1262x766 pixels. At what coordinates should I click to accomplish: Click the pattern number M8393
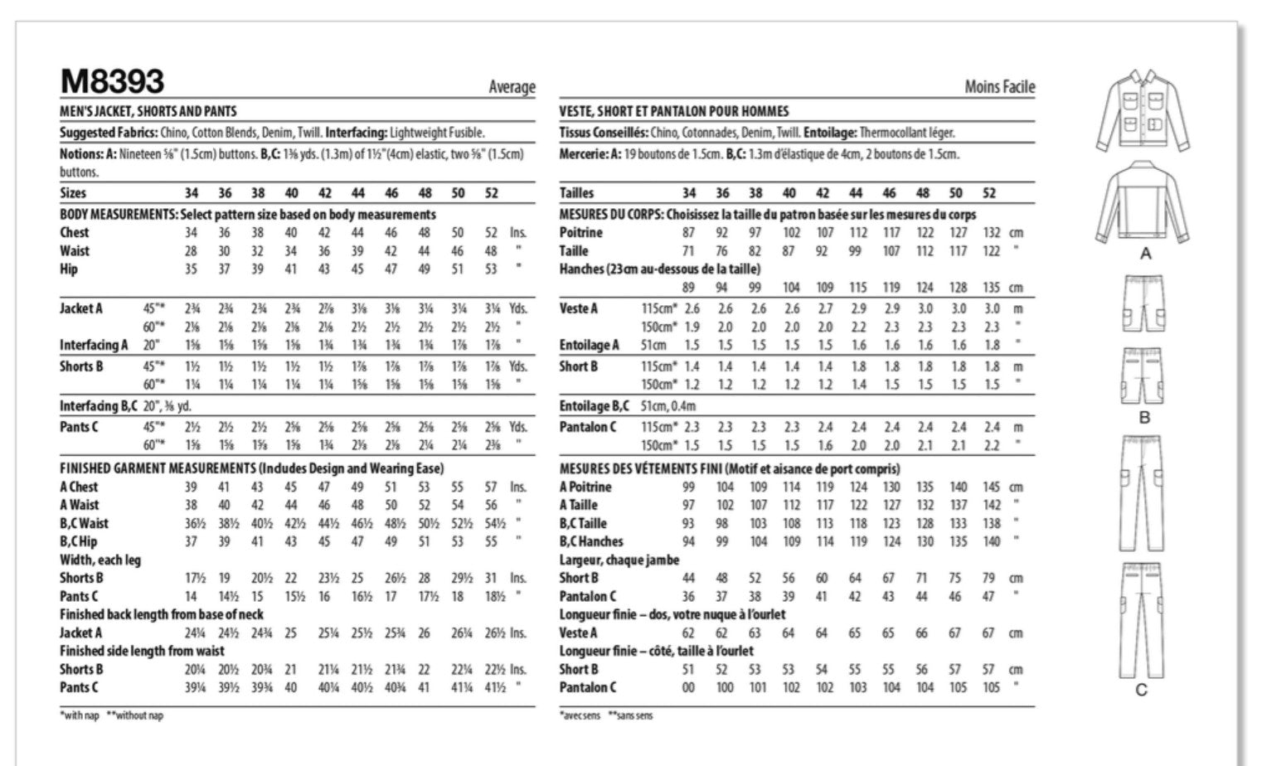(112, 81)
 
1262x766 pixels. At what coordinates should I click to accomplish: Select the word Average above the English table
(512, 87)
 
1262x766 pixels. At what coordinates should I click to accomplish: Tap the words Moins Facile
(999, 86)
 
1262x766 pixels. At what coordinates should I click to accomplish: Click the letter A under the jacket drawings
(1145, 254)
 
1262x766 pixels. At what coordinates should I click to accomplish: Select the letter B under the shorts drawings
(1144, 417)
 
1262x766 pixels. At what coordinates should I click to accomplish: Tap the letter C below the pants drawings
(1142, 690)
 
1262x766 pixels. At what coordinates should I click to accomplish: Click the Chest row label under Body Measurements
(75, 233)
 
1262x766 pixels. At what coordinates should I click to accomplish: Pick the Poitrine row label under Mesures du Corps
(580, 233)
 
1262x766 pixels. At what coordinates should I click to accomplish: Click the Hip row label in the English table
(69, 269)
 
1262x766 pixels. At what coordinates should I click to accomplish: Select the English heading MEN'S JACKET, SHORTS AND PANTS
(148, 111)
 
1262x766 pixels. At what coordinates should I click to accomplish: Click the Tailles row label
(576, 193)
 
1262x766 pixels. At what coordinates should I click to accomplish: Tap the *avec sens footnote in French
(580, 715)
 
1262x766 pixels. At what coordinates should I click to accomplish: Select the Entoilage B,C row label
(594, 406)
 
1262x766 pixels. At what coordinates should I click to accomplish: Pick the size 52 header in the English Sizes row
(491, 193)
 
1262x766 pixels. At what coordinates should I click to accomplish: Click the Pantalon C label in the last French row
(587, 687)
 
